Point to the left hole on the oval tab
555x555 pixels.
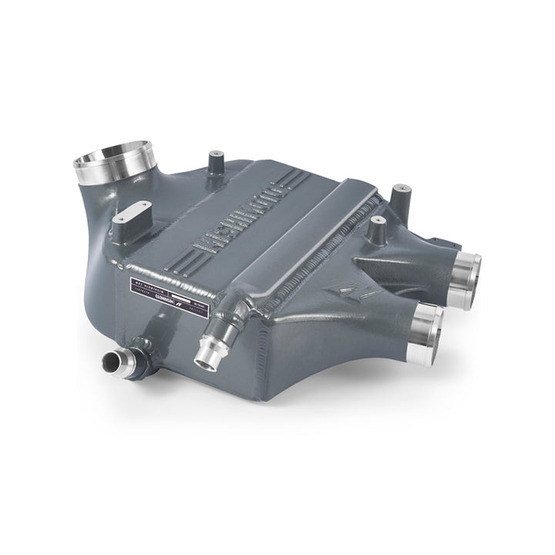click(124, 222)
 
